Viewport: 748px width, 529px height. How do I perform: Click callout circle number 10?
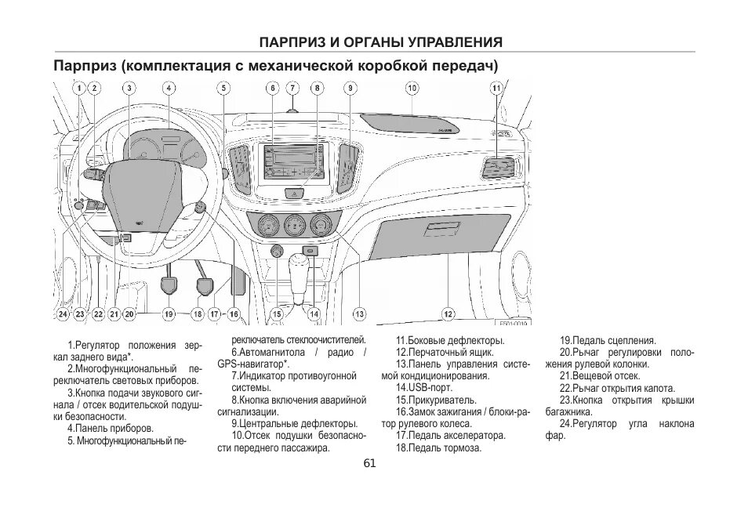412,89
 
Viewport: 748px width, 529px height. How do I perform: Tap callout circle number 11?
496,89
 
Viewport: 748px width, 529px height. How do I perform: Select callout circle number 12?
448,314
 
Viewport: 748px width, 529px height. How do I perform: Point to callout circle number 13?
359,314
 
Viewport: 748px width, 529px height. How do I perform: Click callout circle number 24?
63,314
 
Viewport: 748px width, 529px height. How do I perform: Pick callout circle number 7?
292,89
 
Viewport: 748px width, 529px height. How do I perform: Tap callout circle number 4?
166,89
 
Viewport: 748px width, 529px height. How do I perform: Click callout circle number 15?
277,314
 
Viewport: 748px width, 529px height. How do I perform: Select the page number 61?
370,463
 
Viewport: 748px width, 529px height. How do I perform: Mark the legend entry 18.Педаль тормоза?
438,448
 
